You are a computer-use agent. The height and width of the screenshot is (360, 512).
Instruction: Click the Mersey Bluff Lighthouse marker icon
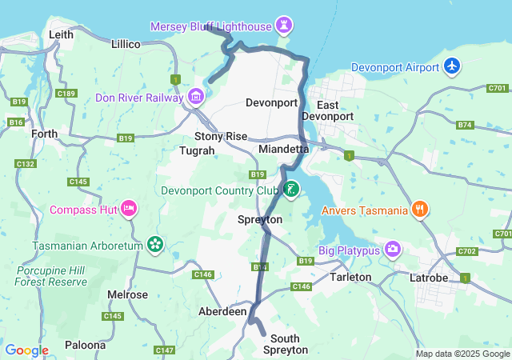[283, 25]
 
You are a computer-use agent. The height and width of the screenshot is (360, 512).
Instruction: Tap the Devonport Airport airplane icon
[453, 66]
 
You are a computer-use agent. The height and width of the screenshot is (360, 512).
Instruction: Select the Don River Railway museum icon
[196, 98]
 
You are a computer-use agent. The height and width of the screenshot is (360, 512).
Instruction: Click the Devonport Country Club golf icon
[291, 190]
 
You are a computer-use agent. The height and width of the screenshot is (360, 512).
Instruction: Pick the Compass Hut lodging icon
[129, 210]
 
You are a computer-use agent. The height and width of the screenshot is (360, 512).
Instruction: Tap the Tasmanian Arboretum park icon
[155, 244]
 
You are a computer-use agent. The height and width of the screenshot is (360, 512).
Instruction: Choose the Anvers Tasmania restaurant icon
[421, 210]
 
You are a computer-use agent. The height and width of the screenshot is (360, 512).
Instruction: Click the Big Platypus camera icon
[392, 248]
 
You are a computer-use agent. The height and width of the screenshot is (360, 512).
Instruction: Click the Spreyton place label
[260, 219]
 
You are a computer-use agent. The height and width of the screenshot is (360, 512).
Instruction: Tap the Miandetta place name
[283, 150]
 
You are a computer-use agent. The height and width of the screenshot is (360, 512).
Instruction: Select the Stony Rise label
[221, 136]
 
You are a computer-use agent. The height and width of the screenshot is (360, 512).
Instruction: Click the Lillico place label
[126, 43]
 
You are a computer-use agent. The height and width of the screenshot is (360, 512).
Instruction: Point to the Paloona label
[85, 345]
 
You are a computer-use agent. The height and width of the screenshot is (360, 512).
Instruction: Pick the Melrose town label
[128, 294]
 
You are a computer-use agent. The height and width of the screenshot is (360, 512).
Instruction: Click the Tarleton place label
[350, 277]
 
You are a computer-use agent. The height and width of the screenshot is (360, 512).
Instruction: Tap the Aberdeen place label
[222, 311]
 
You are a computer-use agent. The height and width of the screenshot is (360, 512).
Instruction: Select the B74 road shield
[465, 125]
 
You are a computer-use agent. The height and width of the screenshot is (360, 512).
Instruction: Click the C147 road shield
[165, 350]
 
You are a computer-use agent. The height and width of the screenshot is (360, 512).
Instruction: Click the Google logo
[26, 350]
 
